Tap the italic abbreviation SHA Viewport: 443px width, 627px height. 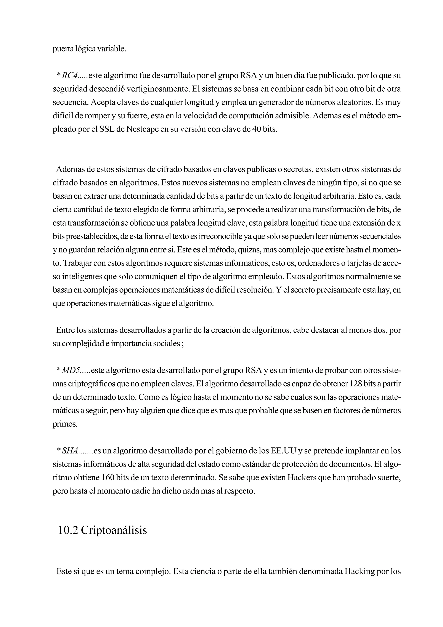(70, 451)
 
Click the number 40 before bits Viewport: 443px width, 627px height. (253, 129)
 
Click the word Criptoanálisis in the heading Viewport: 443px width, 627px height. (114, 530)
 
